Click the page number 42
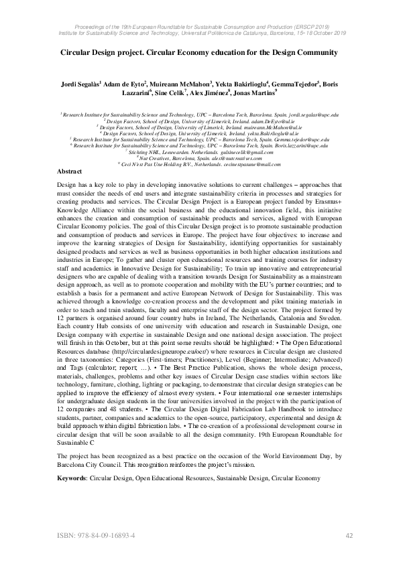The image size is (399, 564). click(349, 536)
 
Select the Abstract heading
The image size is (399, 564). click(70, 172)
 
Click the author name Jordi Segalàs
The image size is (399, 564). click(79, 86)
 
